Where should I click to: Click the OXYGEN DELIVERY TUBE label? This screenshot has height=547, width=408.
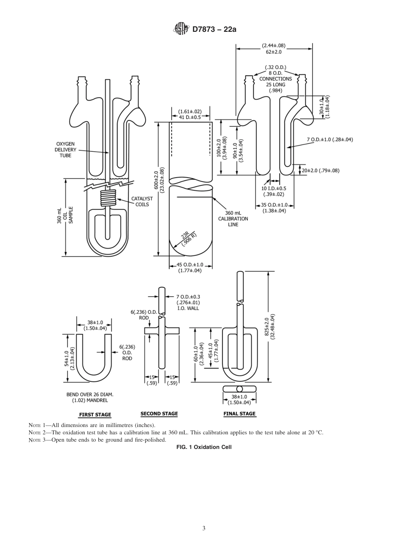coord(65,149)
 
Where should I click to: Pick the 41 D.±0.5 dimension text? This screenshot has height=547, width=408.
coord(189,117)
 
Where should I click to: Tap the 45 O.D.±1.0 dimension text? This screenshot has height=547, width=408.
coord(190,265)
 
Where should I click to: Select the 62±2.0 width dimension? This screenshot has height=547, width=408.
coord(274,52)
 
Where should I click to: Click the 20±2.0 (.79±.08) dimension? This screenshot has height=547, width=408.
coord(320,170)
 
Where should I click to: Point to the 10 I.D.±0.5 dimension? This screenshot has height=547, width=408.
coord(274,188)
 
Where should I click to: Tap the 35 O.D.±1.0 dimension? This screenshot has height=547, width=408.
coord(275,205)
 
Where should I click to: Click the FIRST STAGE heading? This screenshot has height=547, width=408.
coord(95,415)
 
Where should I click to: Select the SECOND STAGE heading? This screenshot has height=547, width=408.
coord(159,414)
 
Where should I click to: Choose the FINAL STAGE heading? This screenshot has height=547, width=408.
coord(239,414)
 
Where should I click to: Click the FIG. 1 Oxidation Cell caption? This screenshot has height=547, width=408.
coord(204,447)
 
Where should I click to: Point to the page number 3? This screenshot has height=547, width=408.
coord(204,528)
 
